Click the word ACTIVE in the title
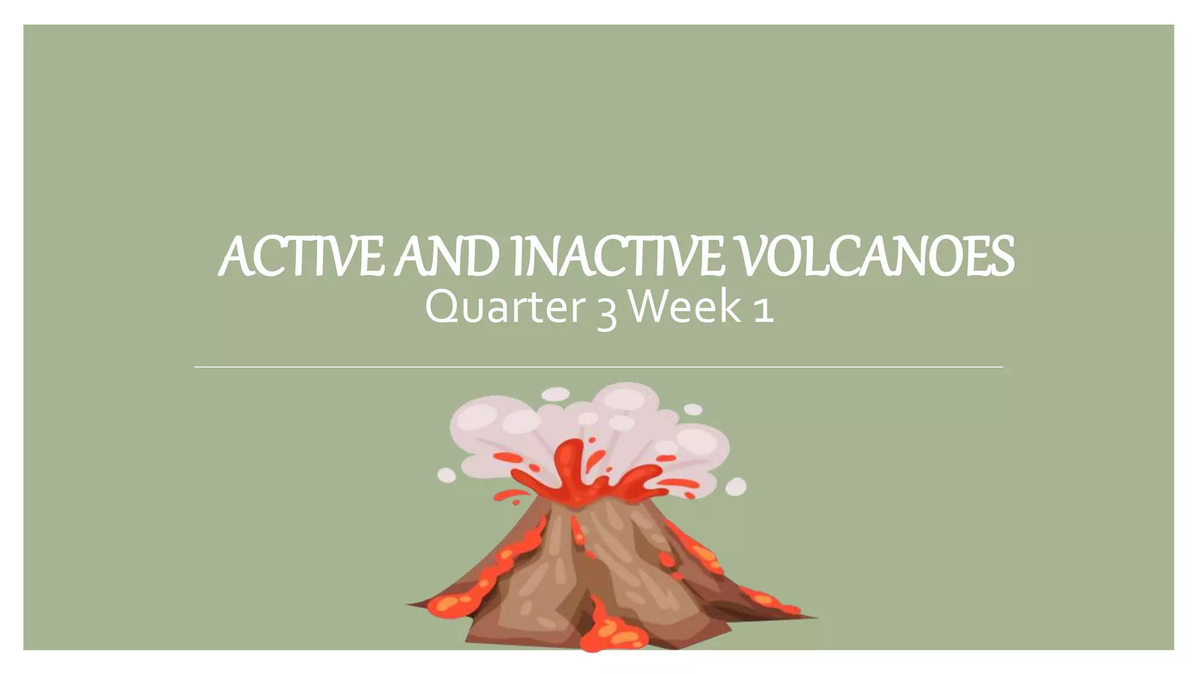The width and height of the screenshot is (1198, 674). coord(302,257)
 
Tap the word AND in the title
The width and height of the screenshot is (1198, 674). coord(446,257)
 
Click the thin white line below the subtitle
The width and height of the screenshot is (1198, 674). coord(598,367)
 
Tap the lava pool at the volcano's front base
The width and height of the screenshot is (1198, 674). coord(608,629)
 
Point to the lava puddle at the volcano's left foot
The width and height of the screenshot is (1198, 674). coord(450,606)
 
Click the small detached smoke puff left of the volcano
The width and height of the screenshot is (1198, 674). coord(446,475)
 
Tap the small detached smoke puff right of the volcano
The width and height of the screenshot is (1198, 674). coord(735,486)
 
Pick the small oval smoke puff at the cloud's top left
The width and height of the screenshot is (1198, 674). coord(555,394)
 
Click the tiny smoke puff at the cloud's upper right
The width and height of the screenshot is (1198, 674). coord(693,410)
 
